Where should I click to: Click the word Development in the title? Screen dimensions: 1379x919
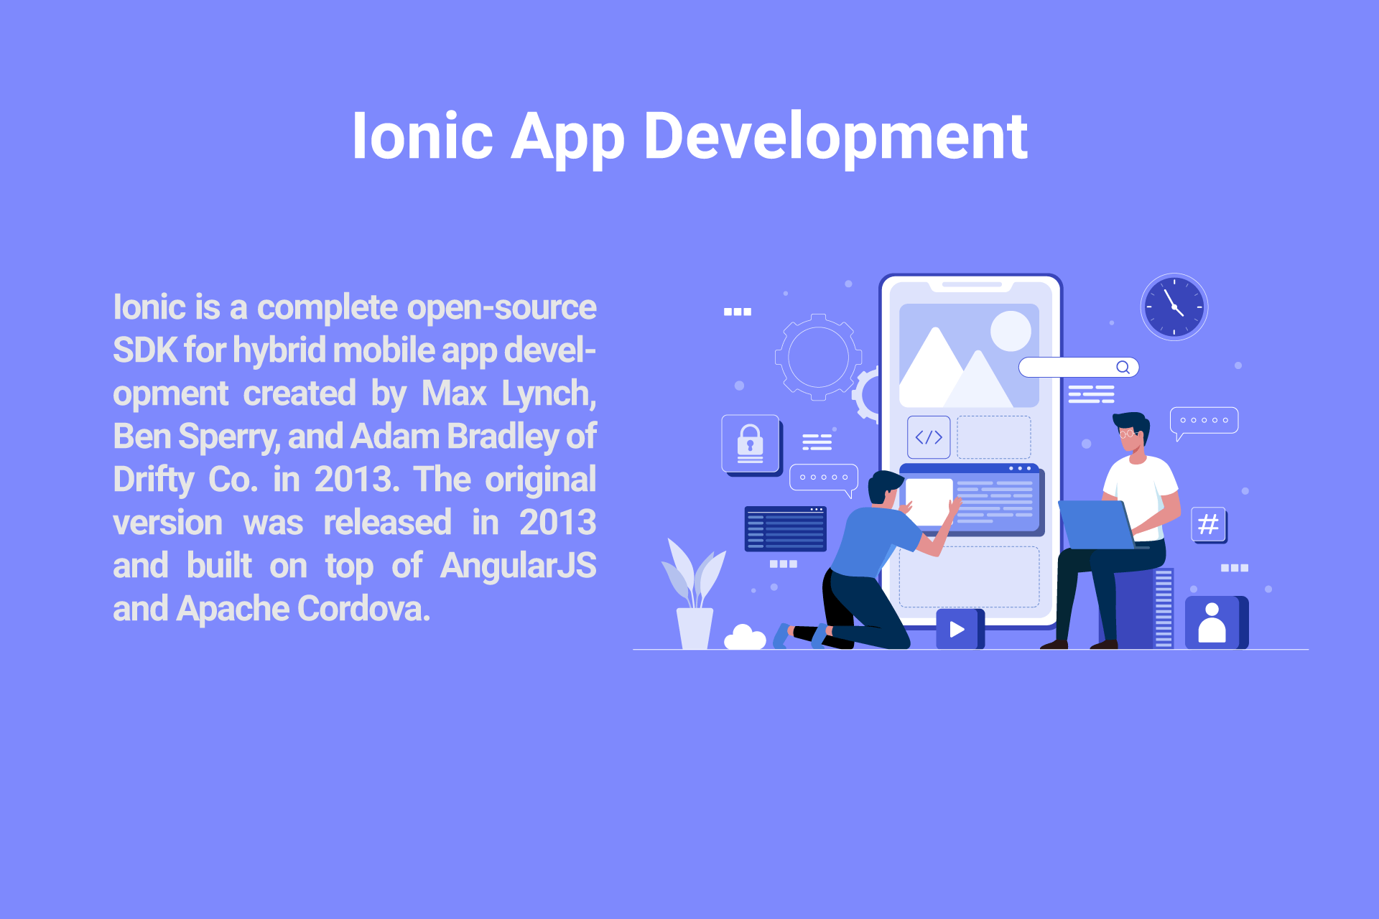pyautogui.click(x=835, y=136)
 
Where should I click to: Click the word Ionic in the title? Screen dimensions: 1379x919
pyautogui.click(x=422, y=136)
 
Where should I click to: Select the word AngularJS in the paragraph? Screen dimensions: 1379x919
pyautogui.click(x=518, y=565)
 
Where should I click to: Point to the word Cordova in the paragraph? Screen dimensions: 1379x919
pyautogui.click(x=363, y=608)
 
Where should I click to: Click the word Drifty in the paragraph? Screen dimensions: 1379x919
pyautogui.click(x=154, y=480)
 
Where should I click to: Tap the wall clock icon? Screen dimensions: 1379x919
pyautogui.click(x=1174, y=307)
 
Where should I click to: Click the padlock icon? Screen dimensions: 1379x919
pyautogui.click(x=751, y=444)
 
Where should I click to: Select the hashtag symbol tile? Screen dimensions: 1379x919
pyautogui.click(x=1209, y=525)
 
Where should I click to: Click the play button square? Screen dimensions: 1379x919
pyautogui.click(x=959, y=629)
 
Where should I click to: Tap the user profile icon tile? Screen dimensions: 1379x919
pyautogui.click(x=1215, y=622)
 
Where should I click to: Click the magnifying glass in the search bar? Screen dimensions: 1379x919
pyautogui.click(x=1123, y=367)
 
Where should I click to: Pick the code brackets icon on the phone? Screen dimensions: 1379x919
pyautogui.click(x=929, y=437)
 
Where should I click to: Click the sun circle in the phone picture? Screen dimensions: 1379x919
pyautogui.click(x=1011, y=331)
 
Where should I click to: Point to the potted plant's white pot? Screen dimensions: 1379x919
pyautogui.click(x=695, y=628)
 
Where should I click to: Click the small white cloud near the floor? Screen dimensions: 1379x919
pyautogui.click(x=745, y=638)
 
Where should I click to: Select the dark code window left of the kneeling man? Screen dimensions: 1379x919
pyautogui.click(x=786, y=528)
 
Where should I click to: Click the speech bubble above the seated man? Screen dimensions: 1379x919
pyautogui.click(x=1204, y=421)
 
